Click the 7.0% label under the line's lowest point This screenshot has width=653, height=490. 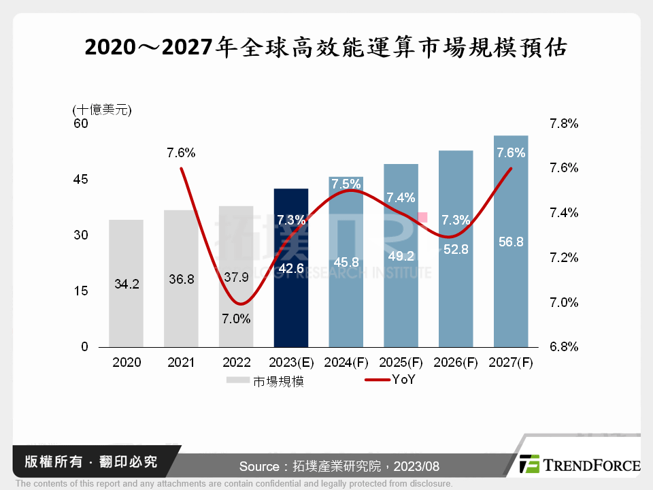tap(237, 318)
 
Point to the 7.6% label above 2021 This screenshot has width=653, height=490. tap(181, 153)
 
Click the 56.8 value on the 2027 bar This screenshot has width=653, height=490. tap(511, 242)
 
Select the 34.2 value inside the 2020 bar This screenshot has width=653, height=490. tap(127, 285)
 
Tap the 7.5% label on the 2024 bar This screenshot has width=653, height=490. tap(346, 184)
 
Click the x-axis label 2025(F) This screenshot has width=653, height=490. tap(401, 363)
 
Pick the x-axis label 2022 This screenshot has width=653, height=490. tap(236, 363)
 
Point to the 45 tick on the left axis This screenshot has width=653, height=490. tap(81, 180)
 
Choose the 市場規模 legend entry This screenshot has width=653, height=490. tap(278, 382)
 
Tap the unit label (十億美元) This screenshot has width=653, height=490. tap(101, 109)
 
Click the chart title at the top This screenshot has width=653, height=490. tap(326, 48)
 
